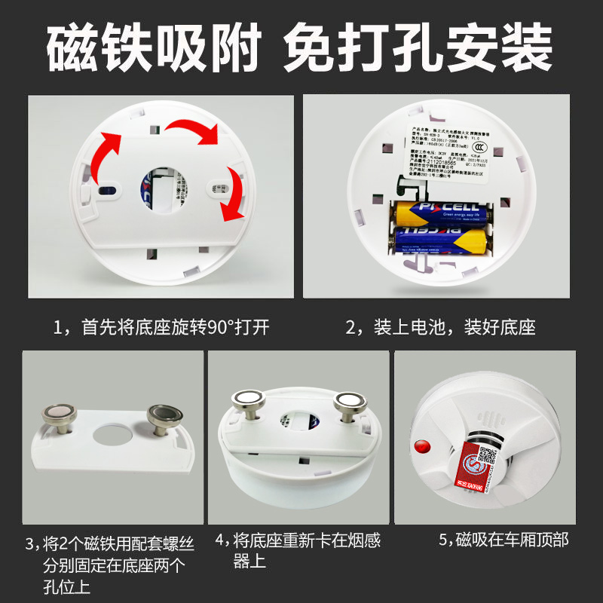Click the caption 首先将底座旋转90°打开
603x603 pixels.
click(x=161, y=328)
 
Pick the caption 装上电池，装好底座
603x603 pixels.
click(x=440, y=328)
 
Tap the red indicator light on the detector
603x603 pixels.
click(x=423, y=445)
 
